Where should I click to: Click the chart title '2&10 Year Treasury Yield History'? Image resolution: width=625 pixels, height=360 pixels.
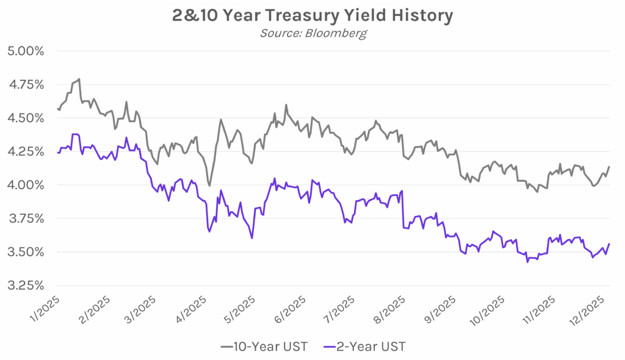312,15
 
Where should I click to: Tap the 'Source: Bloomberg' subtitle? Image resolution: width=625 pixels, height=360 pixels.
312,33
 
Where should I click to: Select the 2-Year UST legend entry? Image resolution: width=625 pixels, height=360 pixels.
366,347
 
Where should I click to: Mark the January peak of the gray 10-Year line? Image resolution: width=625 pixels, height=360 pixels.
79,79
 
